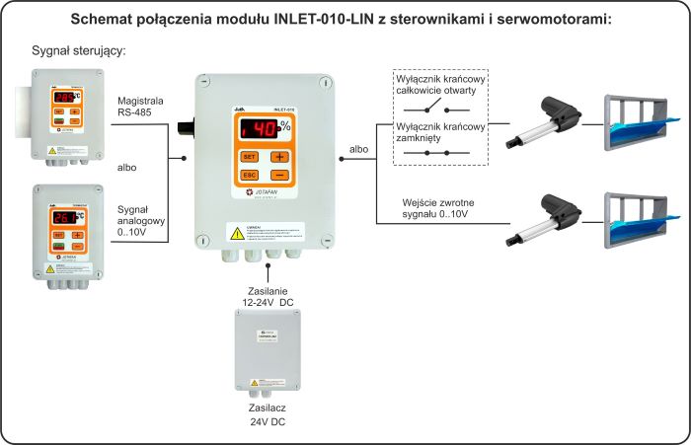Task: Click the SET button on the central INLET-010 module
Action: click(250, 157)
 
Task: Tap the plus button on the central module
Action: click(279, 157)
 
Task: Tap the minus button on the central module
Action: click(279, 175)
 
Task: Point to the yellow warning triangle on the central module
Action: click(237, 233)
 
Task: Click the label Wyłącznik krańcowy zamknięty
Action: click(439, 132)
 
